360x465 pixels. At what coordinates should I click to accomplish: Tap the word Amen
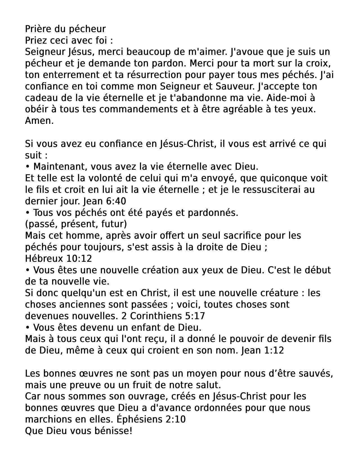39,121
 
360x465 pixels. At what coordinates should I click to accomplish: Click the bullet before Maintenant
28,167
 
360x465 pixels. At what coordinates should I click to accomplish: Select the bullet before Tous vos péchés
28,213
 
